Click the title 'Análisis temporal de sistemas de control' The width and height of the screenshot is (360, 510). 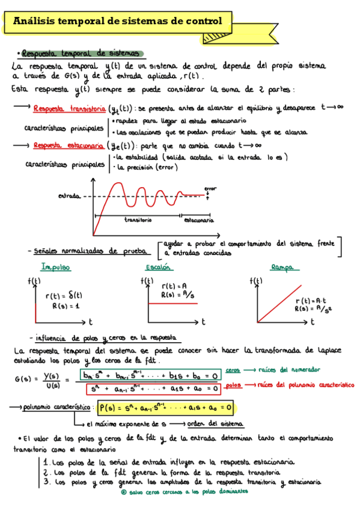tap(118, 22)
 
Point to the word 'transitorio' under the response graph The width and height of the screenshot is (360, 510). tap(138, 220)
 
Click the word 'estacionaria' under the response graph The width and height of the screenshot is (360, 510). tap(200, 221)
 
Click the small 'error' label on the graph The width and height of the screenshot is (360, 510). tap(210, 188)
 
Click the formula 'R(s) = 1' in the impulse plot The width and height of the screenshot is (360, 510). tap(64, 306)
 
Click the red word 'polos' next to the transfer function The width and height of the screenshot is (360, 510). tap(234, 384)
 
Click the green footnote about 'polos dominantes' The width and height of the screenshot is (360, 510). tap(184, 491)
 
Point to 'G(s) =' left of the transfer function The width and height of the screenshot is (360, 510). tap(25, 379)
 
